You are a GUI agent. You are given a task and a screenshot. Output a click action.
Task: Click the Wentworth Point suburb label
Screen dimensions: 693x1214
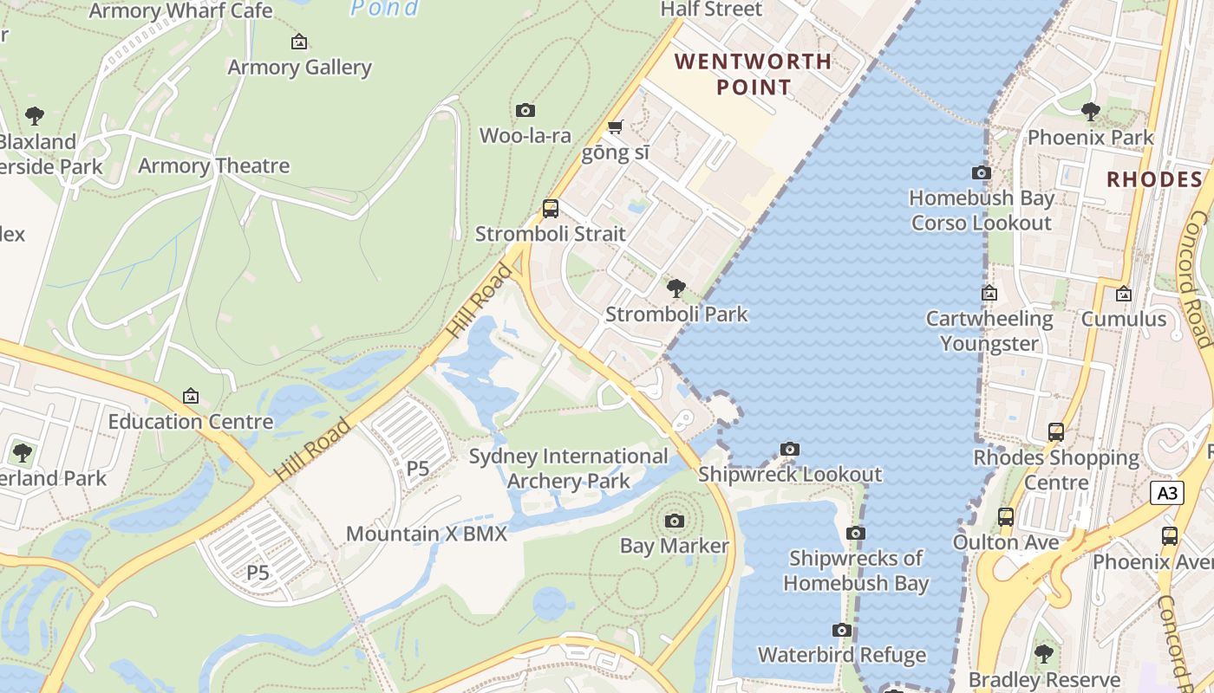753,74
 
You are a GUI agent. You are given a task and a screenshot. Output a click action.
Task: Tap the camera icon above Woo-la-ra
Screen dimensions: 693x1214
525,110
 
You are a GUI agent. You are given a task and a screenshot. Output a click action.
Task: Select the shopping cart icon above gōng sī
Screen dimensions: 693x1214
615,127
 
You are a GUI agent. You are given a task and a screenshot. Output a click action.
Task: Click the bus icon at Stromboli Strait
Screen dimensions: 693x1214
550,208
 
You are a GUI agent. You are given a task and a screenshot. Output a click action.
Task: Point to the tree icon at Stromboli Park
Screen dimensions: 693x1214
676,288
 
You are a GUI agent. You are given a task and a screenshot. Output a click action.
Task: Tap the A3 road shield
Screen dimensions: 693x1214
1167,493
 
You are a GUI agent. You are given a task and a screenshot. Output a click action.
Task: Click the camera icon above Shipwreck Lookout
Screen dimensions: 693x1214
789,449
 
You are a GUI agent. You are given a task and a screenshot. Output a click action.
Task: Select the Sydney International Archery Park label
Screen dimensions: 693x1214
569,468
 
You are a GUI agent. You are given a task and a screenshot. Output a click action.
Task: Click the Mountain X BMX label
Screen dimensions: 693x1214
427,534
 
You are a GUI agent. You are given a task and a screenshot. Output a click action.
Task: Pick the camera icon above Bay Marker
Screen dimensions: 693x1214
674,521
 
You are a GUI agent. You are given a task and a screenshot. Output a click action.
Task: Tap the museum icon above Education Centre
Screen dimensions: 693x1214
191,396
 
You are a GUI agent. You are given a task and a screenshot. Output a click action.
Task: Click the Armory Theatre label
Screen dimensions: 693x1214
213,165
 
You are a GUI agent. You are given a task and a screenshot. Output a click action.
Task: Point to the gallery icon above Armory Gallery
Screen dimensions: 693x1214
299,41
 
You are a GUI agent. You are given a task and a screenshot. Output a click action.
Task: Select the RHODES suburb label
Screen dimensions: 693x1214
1154,179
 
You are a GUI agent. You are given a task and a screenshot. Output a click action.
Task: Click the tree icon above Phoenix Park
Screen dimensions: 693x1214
1091,111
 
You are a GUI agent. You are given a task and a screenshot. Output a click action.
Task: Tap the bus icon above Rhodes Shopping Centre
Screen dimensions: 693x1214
1056,431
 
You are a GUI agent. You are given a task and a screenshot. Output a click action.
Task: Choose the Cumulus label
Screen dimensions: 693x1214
1124,319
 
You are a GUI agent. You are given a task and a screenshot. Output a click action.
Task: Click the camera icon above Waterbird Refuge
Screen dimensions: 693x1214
841,630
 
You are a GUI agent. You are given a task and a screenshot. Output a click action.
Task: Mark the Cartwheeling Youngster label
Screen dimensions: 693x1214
989,331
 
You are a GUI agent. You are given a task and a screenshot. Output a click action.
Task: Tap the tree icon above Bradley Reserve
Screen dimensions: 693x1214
1044,653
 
